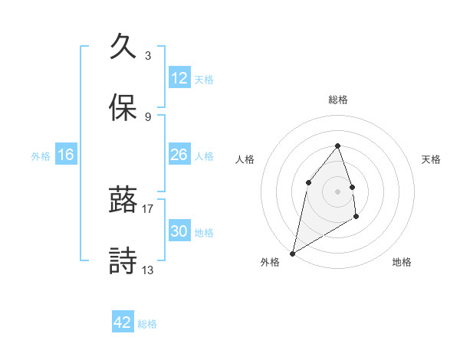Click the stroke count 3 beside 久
pos(148,56)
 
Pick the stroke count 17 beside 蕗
pos(148,208)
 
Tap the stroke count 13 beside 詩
pos(148,270)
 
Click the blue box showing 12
pos(179,78)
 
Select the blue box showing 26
pos(179,155)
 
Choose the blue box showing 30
pos(179,231)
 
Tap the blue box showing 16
pos(66,155)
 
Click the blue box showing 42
pos(123,322)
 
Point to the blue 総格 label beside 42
pos(147,324)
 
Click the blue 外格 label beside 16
pos(41,156)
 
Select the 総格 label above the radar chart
pos(338,100)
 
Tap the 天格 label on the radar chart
pos(431,159)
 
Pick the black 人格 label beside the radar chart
pos(245,159)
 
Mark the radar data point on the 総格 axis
pos(338,146)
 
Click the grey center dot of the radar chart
pos(338,191)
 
